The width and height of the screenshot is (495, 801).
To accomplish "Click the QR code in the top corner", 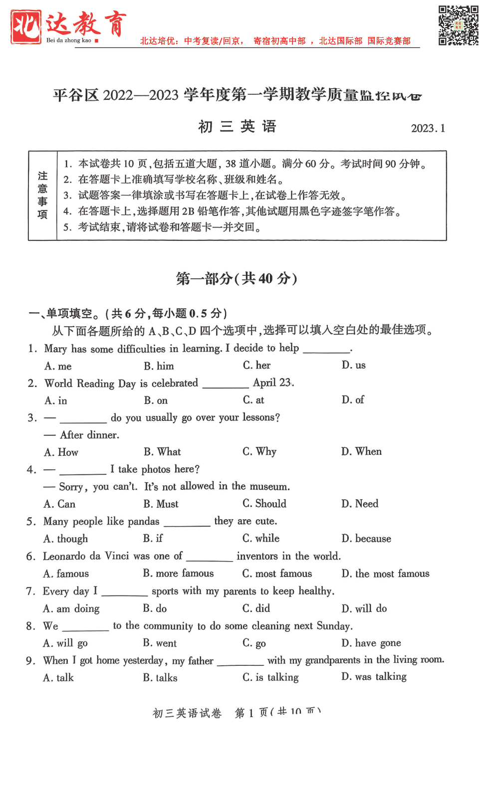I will [x=458, y=25].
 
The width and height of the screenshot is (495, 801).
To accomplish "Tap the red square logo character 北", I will [x=25, y=27].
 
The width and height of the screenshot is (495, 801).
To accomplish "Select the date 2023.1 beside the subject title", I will [x=428, y=128].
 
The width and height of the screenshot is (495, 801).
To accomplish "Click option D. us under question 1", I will [x=353, y=365].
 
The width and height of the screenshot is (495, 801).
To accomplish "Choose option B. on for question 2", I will [x=156, y=400].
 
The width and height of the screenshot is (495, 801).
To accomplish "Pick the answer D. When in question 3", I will [x=361, y=452].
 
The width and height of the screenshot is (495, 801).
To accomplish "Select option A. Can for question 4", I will [x=59, y=504].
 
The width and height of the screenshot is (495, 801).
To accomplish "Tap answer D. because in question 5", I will [x=366, y=539].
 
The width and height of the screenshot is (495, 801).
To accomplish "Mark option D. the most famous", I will [x=385, y=574].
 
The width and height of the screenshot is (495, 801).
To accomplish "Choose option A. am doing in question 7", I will [x=71, y=608].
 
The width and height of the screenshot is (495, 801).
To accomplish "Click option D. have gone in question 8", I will [x=371, y=643].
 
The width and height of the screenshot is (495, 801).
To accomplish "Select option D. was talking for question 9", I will [x=374, y=677].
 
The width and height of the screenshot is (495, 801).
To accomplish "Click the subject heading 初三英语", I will [x=237, y=127].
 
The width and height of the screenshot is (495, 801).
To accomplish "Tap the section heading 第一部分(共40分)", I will [x=237, y=278].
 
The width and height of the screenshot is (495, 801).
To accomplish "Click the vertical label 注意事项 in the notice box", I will [x=42, y=196].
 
